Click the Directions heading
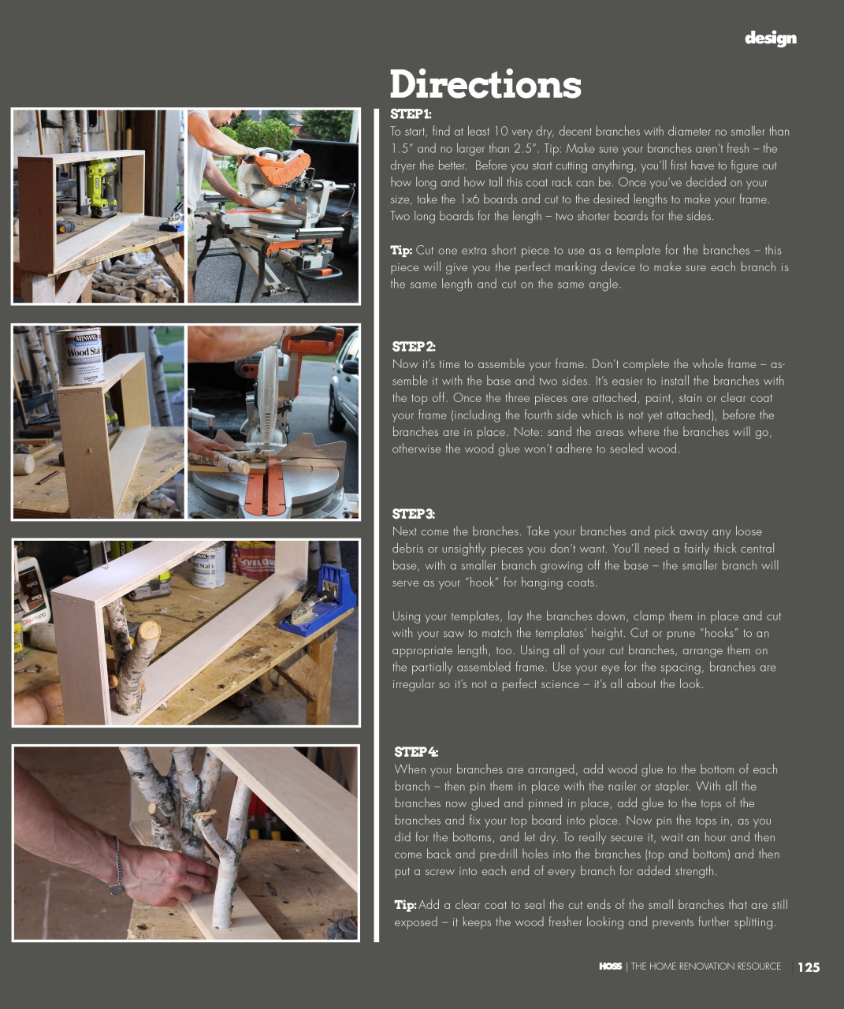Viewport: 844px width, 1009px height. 485,84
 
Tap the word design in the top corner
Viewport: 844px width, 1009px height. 770,38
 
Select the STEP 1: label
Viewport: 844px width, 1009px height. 411,114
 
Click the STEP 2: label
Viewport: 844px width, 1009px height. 414,347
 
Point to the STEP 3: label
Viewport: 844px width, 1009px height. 413,514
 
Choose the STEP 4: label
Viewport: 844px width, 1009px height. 416,752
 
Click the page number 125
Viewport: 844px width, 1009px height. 809,967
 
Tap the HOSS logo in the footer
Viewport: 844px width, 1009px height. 610,966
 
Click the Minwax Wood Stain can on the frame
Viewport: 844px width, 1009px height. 82,356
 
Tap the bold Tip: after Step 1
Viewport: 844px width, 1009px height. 401,251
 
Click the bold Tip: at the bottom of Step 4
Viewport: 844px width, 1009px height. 405,905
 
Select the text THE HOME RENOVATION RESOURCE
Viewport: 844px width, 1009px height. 705,966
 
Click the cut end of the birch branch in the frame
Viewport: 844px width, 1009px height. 147,631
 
